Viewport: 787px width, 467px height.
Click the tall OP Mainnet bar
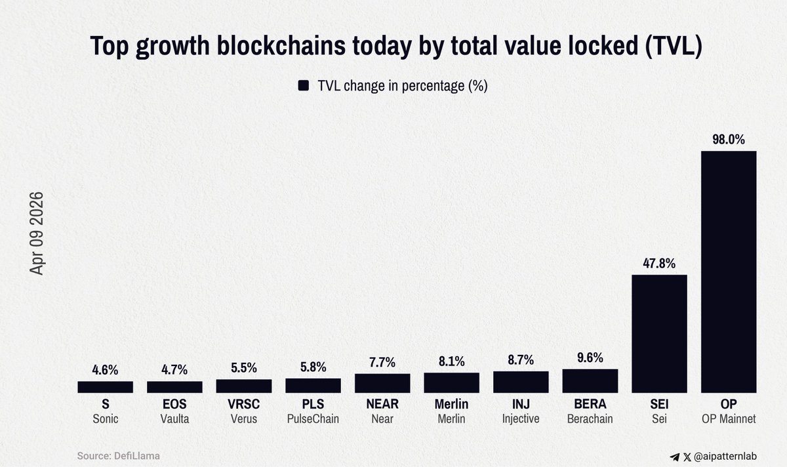coord(729,272)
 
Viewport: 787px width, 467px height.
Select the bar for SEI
coord(659,333)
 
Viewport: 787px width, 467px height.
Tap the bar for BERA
coord(590,381)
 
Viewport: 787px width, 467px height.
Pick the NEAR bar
coord(382,383)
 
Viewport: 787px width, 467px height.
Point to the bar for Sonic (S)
coord(105,387)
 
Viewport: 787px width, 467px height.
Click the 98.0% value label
coord(729,140)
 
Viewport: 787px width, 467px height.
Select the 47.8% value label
coord(659,263)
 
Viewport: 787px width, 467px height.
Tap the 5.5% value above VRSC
coord(244,368)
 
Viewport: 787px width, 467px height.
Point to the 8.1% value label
coord(452,361)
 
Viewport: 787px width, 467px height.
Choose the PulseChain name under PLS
coord(313,419)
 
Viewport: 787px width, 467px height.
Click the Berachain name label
coord(590,419)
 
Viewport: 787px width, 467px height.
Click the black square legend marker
coord(303,86)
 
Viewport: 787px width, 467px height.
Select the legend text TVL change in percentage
coord(402,86)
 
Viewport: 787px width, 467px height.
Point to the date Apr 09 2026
coord(37,233)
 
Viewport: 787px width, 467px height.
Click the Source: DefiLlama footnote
coord(119,456)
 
